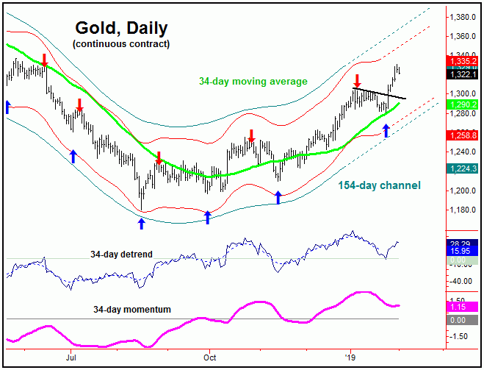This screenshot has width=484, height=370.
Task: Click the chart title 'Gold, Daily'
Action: pyautogui.click(x=121, y=29)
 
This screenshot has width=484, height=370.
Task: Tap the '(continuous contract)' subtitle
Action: pyautogui.click(x=121, y=44)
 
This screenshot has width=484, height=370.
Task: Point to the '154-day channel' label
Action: pyautogui.click(x=379, y=185)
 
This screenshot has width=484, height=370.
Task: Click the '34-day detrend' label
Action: pyautogui.click(x=121, y=255)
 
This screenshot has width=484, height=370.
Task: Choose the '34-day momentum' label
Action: pyautogui.click(x=132, y=310)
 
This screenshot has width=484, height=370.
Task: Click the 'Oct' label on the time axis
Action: pyautogui.click(x=209, y=358)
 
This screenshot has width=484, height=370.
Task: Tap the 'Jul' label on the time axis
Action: pyautogui.click(x=71, y=358)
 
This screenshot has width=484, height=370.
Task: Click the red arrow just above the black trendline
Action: pyautogui.click(x=357, y=79)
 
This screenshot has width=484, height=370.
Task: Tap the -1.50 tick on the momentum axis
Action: pyautogui.click(x=463, y=336)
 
